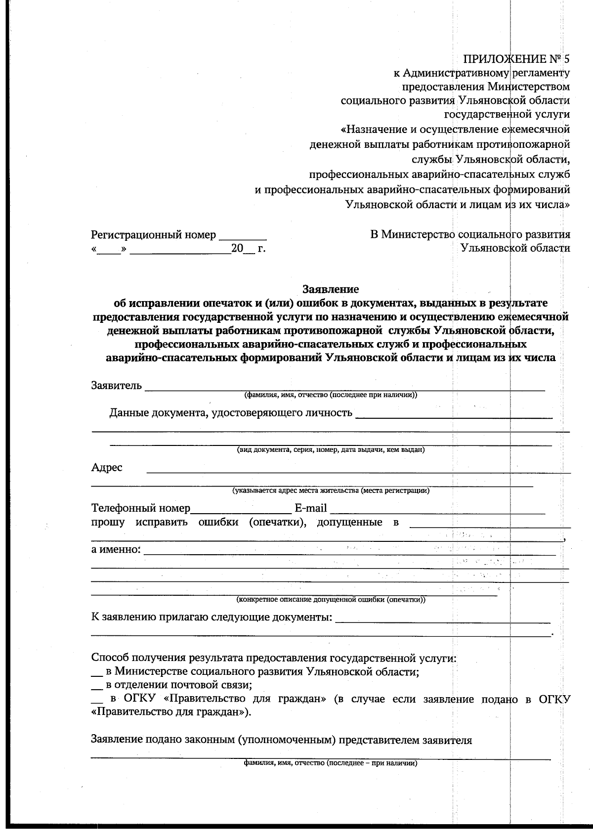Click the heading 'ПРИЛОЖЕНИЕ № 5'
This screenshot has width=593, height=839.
click(516, 59)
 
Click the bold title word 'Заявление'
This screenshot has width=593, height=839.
click(330, 289)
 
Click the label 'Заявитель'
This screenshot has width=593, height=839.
click(117, 385)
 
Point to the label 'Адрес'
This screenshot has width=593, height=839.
click(107, 467)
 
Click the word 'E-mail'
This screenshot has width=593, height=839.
click(310, 508)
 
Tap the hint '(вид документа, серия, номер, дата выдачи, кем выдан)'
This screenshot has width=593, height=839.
click(331, 450)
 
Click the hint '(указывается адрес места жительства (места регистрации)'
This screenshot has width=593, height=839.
click(331, 491)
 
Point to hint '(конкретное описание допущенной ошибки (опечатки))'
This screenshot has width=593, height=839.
click(331, 600)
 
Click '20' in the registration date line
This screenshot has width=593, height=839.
click(237, 248)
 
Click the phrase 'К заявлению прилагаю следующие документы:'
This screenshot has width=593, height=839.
click(212, 617)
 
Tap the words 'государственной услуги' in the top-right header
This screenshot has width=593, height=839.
click(507, 115)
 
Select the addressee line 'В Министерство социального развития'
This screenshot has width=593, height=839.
click(470, 234)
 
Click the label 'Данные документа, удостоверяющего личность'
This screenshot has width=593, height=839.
click(231, 413)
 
